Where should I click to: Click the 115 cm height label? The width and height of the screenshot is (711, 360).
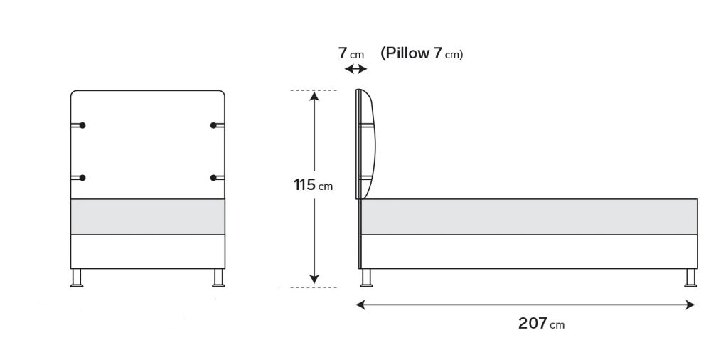313,185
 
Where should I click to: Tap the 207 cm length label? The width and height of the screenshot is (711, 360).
541,324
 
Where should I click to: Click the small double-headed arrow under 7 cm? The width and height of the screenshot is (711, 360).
356,69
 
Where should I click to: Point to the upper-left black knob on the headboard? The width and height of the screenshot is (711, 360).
82,125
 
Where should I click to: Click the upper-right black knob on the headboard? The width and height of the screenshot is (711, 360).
213,125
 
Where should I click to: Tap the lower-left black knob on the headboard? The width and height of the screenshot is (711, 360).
82,178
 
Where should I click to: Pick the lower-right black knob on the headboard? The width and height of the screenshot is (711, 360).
213,178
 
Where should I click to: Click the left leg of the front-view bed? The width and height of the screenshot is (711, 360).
77,278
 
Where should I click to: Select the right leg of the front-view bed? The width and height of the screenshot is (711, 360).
218,278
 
